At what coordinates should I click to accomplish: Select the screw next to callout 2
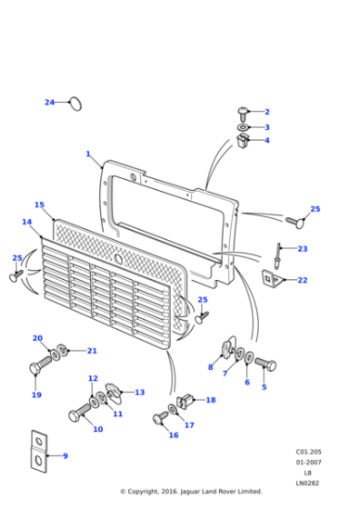[x=243, y=114]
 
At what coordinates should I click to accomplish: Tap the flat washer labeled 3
[x=243, y=127]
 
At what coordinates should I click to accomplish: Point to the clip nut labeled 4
[x=243, y=141]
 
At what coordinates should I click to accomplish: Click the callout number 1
[x=88, y=154]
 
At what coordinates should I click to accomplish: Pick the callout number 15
[x=39, y=205]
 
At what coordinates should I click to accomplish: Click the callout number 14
[x=27, y=222]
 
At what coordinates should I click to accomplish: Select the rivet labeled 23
[x=278, y=255]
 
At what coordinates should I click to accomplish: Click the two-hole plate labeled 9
[x=39, y=451]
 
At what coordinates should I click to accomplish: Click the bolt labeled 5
[x=265, y=364]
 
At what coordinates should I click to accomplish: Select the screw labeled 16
[x=161, y=418]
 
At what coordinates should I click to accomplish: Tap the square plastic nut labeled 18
[x=185, y=401]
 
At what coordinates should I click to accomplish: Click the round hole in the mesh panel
[x=118, y=259]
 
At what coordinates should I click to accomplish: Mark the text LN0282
[x=307, y=483]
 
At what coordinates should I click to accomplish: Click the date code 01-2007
[x=308, y=463]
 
